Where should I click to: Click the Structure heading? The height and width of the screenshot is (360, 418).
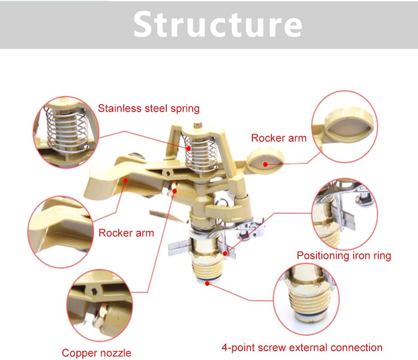point(217,24)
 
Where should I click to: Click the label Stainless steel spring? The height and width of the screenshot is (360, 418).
point(149,109)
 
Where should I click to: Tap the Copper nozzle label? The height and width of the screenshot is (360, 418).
point(97,353)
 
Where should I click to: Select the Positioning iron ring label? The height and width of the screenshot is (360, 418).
point(344,255)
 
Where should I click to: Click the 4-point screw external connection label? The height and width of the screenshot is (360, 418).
point(302,347)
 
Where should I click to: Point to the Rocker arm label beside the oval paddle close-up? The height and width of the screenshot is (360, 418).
point(279,138)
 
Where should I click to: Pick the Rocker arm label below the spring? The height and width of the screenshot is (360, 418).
point(126,233)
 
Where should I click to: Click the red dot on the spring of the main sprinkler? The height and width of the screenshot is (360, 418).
point(189,148)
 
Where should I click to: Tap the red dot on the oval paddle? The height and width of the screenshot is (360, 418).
point(265,164)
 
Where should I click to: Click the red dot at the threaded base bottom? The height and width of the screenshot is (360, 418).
point(207,283)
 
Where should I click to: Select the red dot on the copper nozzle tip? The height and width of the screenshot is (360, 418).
point(175,191)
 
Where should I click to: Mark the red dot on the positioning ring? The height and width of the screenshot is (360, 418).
point(225,253)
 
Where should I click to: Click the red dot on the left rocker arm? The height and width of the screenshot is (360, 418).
point(125,181)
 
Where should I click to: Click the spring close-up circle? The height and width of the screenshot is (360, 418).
point(66,132)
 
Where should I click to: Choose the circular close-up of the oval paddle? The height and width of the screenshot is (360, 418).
point(345,126)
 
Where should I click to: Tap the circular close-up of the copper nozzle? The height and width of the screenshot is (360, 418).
point(99,306)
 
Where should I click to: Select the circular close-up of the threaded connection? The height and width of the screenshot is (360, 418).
point(306,299)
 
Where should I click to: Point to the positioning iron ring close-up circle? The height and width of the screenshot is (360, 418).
point(345,214)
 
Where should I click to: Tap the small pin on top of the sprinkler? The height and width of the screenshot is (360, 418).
point(197,125)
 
